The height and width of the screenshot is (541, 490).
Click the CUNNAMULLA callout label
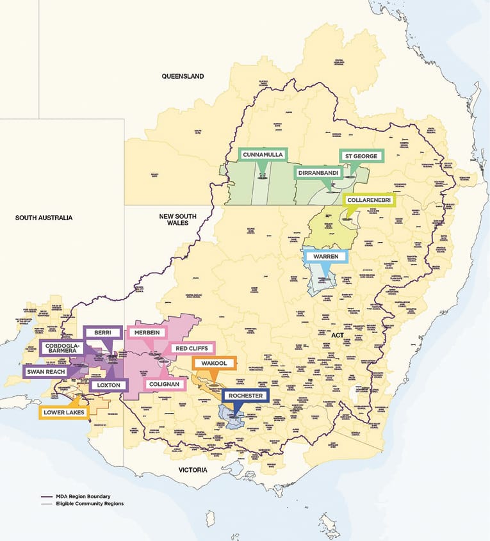263,155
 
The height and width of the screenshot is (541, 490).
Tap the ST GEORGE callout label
362,156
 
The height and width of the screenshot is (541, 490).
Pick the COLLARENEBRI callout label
370,200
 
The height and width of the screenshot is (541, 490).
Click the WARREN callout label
326,257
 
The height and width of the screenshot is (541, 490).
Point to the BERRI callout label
103,332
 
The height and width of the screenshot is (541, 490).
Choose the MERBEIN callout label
147,332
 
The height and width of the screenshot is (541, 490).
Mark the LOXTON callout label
108,385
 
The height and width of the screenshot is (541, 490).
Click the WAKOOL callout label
215,364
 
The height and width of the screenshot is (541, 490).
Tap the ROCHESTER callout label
245,396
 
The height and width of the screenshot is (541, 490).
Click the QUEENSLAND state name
183,76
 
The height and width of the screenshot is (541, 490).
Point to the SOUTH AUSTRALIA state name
44,218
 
